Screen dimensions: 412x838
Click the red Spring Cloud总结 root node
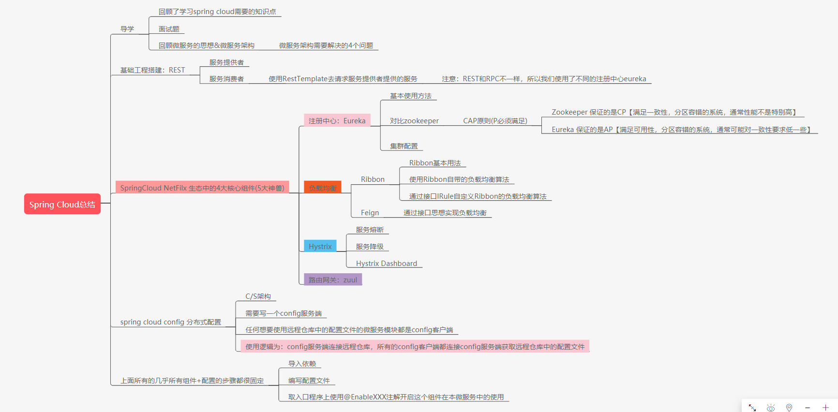click(62, 204)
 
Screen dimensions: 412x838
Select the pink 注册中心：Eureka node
click(337, 120)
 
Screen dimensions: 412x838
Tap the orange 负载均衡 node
click(322, 188)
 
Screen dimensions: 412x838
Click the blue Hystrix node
click(320, 246)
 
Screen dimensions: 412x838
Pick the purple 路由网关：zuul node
click(332, 280)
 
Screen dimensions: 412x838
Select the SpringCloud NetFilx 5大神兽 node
click(202, 188)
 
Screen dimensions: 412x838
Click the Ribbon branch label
click(373, 179)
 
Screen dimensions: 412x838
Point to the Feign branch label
click(370, 213)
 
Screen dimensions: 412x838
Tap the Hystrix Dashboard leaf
click(386, 264)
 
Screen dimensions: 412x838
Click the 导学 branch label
click(127, 29)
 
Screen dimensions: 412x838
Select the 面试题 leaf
click(169, 29)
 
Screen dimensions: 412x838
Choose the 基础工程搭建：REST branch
click(152, 70)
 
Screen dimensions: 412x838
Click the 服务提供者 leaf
click(226, 62)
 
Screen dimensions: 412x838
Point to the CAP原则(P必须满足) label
click(495, 121)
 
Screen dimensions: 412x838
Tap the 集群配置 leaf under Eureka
click(404, 146)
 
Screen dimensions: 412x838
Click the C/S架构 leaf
click(258, 296)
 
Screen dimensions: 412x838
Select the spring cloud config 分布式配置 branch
click(170, 322)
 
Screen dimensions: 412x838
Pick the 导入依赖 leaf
click(302, 364)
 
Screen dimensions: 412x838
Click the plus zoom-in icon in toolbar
click(825, 408)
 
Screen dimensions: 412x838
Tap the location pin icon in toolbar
click(789, 408)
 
